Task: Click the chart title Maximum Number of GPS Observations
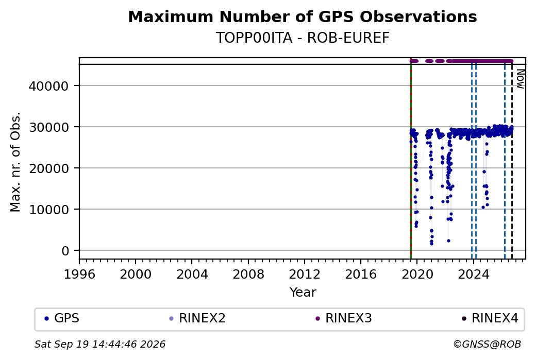[303, 16]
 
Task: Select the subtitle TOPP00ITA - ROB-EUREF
[303, 38]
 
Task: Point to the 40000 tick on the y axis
[48, 86]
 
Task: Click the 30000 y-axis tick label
[48, 127]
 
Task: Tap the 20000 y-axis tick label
[48, 168]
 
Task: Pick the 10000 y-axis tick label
[48, 210]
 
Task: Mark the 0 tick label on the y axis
[65, 251]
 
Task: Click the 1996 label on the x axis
[79, 275]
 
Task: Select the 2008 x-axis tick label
[248, 275]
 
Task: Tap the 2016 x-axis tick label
[361, 275]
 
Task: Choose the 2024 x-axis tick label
[473, 275]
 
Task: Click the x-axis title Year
[303, 293]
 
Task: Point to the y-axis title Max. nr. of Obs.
[15, 162]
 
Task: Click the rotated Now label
[520, 79]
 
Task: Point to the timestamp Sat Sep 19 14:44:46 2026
[100, 344]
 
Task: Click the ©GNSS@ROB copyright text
[487, 344]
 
